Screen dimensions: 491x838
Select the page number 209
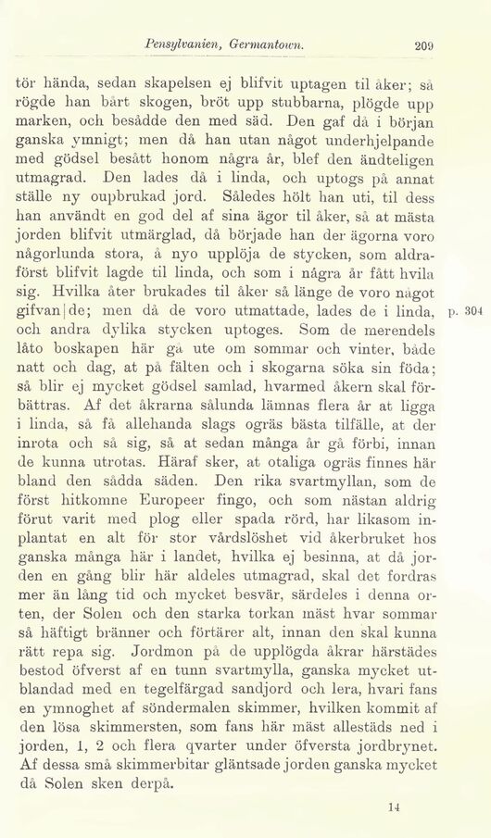pos(426,43)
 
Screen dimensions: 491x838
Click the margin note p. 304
pos(470,335)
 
